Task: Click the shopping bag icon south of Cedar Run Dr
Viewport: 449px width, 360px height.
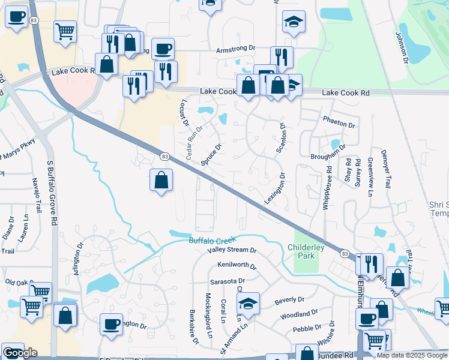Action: click(161, 181)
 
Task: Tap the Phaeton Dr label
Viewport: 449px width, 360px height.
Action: click(339, 122)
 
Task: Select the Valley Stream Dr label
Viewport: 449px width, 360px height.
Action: click(232, 250)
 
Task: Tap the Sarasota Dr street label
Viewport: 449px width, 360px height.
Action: click(227, 281)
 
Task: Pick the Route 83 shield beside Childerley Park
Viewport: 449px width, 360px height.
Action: click(345, 254)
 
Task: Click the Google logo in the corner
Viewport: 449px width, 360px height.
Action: click(19, 352)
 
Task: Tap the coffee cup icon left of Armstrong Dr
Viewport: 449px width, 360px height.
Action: click(163, 49)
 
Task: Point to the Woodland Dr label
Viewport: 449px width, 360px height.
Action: click(298, 314)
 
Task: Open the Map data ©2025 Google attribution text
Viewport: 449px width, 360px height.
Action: click(412, 355)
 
